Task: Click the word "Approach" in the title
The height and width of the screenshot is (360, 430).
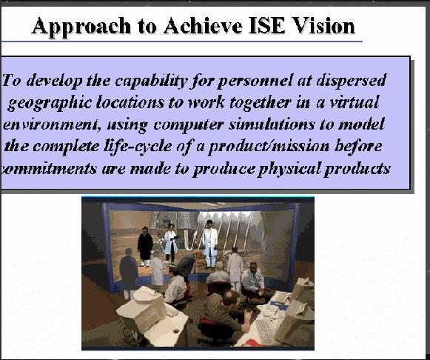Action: [x=81, y=27]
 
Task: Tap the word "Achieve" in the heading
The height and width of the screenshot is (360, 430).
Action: [x=203, y=26]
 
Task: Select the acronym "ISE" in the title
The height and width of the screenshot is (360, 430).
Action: [x=266, y=26]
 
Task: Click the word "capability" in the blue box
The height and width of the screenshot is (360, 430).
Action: [x=151, y=81]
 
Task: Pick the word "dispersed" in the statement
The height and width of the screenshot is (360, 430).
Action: [x=352, y=81]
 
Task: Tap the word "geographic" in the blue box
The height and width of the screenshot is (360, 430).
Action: [x=50, y=103]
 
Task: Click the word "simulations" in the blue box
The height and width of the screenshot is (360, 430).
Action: [x=272, y=124]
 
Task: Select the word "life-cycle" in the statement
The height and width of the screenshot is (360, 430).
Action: [x=138, y=146]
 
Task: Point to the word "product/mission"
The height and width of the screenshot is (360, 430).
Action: [x=269, y=147]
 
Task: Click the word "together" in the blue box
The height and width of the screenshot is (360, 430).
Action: [x=260, y=103]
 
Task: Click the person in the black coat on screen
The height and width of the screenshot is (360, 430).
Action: [x=145, y=247]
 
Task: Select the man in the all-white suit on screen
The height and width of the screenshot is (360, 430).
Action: [x=210, y=244]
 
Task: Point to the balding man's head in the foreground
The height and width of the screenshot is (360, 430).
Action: [x=229, y=299]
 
